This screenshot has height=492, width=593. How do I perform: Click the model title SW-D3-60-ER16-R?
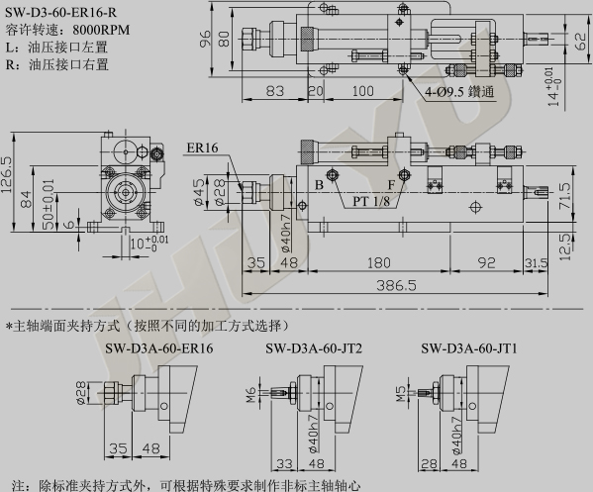pos(61,13)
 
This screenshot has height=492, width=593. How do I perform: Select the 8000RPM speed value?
pos(101,30)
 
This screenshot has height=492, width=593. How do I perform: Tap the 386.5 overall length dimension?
pos(396,285)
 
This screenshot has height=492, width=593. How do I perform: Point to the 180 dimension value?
pos(378,262)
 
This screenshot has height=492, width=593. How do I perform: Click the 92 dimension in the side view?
pos(486,262)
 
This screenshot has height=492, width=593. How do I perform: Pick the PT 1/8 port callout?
pos(371,201)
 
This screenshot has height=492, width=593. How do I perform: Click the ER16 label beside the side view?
pos(202,148)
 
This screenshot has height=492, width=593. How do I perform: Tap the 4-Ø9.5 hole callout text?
pos(459,92)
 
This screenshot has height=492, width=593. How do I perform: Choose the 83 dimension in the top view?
pos(275,91)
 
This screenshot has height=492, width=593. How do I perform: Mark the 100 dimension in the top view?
pos(362,91)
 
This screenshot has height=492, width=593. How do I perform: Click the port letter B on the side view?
pos(319,185)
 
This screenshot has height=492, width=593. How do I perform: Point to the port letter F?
pos(391,185)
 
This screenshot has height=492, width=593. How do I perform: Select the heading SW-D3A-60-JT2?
pos(314,348)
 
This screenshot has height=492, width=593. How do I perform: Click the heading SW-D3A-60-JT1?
pos(469,348)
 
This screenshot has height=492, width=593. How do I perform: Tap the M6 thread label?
pos(251,395)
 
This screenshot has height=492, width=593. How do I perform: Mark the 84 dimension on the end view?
pos(27,199)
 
